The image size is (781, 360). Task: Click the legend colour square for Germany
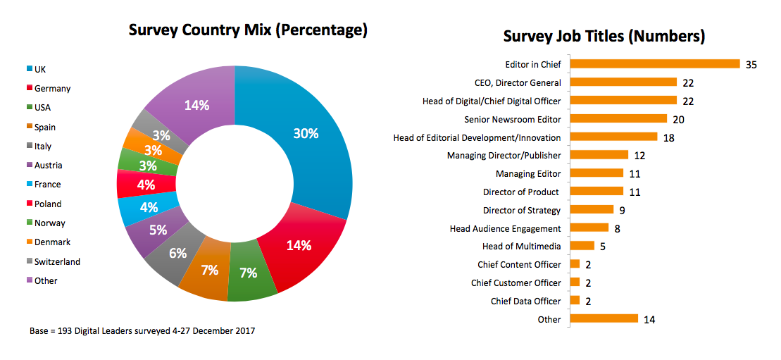point(30,89)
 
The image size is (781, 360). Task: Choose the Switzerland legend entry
point(57,261)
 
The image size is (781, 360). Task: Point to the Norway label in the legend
point(49,223)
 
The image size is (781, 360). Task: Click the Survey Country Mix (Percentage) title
point(248,30)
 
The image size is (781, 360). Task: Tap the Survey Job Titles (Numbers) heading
point(604,36)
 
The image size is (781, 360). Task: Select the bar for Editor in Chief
point(654,64)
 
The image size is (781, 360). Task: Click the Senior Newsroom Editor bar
point(618,119)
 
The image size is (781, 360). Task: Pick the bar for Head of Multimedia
point(582,246)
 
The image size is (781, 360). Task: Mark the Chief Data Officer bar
point(575,301)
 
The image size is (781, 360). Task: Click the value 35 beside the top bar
point(751,64)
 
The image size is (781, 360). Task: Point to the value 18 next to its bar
point(668,137)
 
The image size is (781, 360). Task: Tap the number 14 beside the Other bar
point(649,319)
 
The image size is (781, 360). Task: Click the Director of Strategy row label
point(522,210)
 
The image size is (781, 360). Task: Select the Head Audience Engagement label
point(505,228)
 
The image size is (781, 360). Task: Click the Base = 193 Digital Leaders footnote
point(142,330)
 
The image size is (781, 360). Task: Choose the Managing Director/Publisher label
point(504,155)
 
